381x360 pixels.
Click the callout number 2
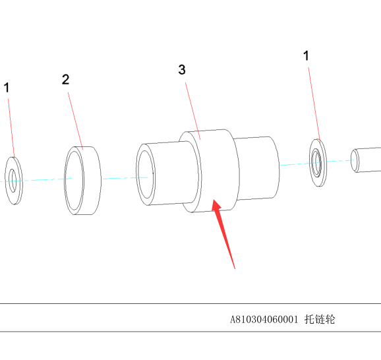click(66, 80)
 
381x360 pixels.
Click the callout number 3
click(182, 69)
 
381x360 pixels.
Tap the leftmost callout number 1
click(7, 88)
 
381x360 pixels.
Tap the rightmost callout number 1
click(306, 55)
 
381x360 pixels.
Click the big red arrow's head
click(216, 206)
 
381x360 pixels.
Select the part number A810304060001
click(264, 319)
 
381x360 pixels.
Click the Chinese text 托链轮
click(320, 319)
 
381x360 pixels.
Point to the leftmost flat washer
click(14, 181)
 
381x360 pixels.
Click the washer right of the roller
click(318, 163)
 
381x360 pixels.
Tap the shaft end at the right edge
click(366, 160)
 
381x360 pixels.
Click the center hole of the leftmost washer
click(13, 181)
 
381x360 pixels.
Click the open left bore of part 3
click(146, 174)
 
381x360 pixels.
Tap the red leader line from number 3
click(193, 111)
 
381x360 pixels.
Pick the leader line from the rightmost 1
click(314, 104)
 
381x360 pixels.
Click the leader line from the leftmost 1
click(11, 128)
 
